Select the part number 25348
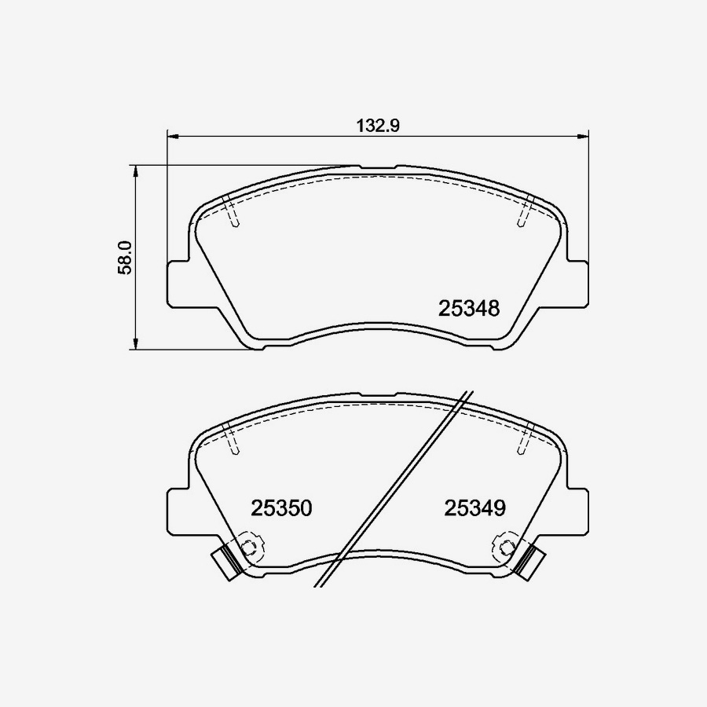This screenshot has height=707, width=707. pos(469,309)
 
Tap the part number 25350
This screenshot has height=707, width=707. pos(281,508)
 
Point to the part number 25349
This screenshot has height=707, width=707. pos(474,508)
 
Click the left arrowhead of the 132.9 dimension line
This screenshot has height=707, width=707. pos(174,135)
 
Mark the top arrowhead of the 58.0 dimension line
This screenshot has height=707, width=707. pos(136,171)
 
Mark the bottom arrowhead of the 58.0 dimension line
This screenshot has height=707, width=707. pos(136,343)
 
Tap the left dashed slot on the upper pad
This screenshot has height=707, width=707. pos(232,211)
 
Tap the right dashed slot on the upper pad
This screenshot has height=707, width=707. pos(524,211)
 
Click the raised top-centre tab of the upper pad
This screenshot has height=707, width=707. pos(378,168)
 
